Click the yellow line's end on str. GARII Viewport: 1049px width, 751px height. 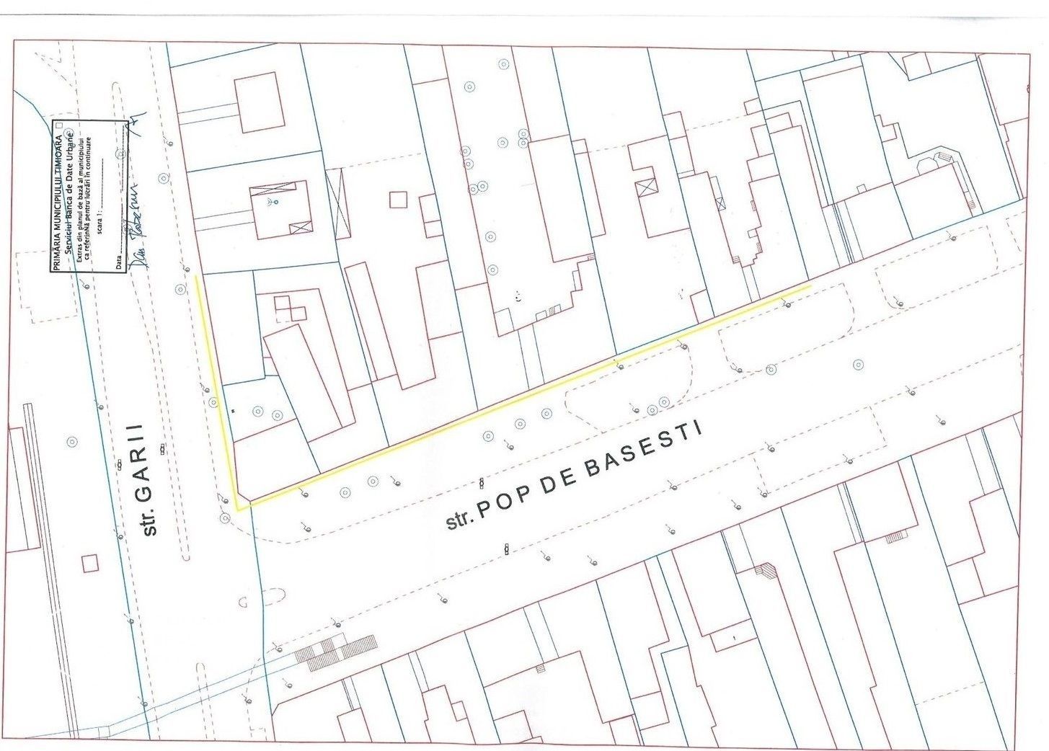(x=197, y=276)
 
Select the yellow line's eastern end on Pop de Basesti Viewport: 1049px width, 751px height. (x=811, y=286)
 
